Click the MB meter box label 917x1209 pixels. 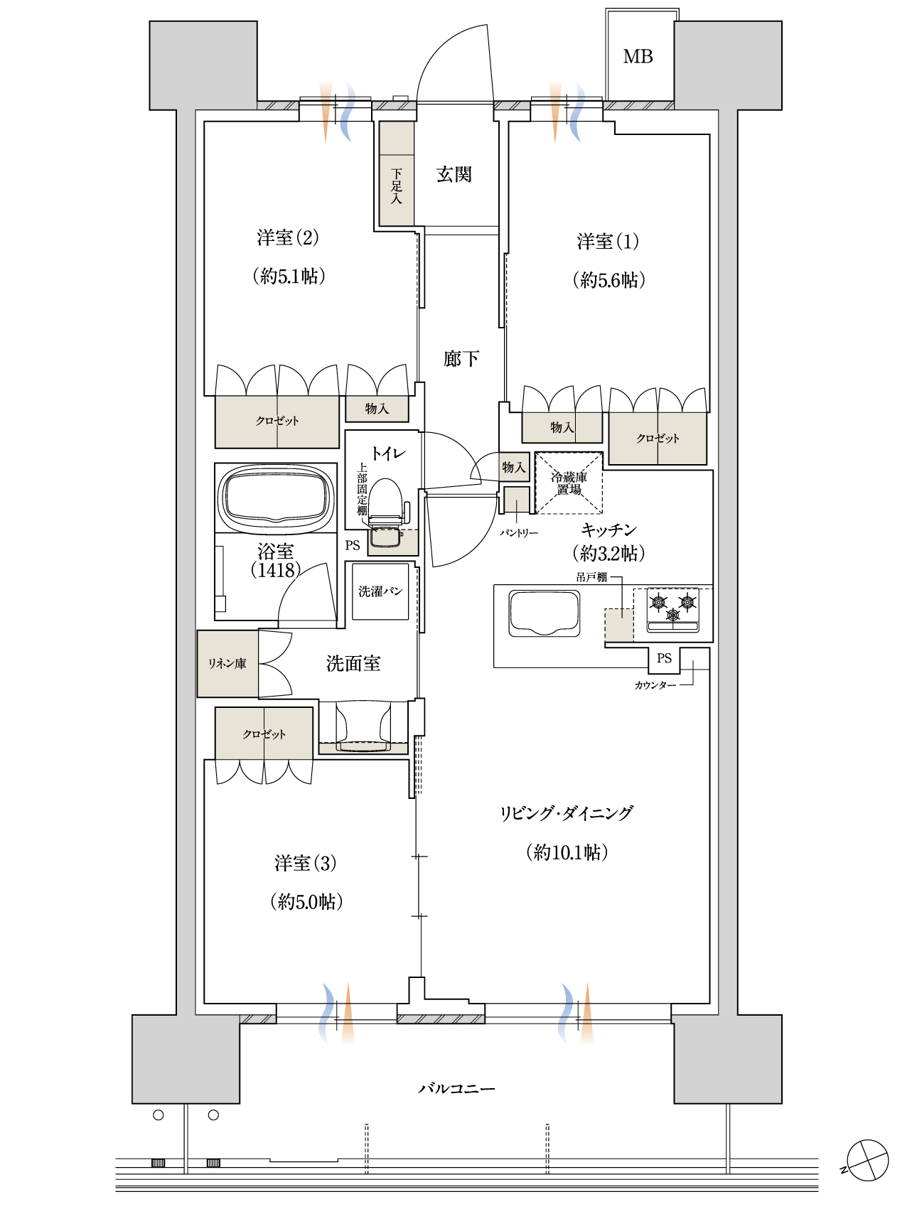pos(638,57)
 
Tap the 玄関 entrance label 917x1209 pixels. pos(454,174)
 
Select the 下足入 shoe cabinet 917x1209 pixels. pos(397,173)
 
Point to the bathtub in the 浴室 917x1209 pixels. pos(277,498)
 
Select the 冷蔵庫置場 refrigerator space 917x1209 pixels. pos(569,483)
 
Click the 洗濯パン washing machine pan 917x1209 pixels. pos(380,591)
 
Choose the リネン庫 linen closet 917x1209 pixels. pos(227,664)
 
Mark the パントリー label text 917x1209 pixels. pos(519,532)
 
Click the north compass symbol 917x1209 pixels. pos(867,1161)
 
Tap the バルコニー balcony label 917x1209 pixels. pos(457,1088)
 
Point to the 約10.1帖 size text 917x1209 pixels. pos(567,852)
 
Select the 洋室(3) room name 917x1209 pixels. pos(306,863)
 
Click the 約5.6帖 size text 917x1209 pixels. pos(609,280)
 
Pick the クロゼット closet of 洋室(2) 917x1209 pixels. pos(277,421)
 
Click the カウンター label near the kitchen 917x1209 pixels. pos(655,685)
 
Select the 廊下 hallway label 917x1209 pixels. pos(461,359)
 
